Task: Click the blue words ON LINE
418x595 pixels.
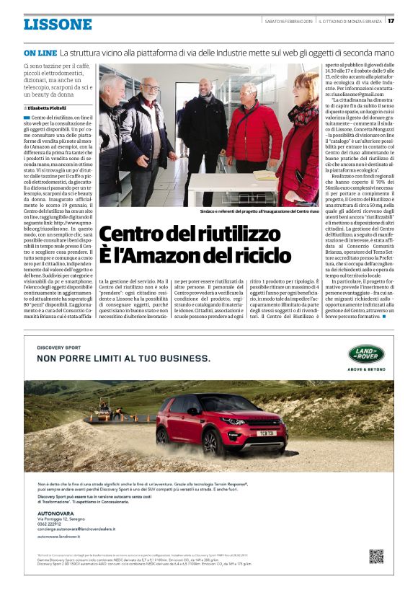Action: coord(40,53)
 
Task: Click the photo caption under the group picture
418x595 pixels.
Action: coord(259,211)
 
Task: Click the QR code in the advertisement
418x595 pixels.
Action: coord(375,555)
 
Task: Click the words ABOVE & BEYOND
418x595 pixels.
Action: coord(366,369)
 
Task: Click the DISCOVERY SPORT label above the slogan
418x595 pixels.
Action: coord(52,348)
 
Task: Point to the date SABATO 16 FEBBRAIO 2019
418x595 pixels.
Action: coord(289,19)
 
